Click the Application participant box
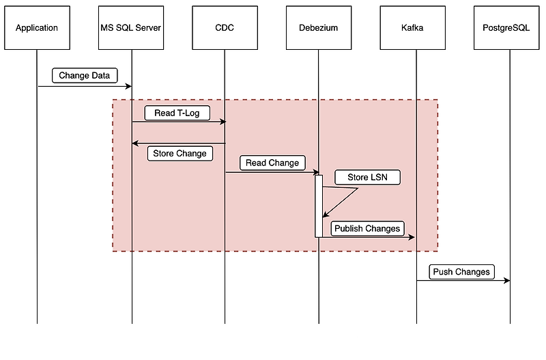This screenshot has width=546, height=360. pos(37,28)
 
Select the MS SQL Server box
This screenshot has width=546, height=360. pos(131,28)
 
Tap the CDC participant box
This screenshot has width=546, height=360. pos(225,28)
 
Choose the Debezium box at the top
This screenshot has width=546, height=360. pos(318,28)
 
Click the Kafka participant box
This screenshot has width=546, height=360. pos(416,28)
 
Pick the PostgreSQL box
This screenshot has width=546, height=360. pos(509,28)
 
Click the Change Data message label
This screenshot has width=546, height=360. pos(84,75)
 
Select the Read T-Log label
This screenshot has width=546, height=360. pos(177,113)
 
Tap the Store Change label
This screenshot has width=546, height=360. pos(179,154)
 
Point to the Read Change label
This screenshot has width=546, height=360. pos(272,163)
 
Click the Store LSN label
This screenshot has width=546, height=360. pos(367,178)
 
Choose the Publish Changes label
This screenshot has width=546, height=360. pos(367,228)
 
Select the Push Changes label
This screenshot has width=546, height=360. pos(461,271)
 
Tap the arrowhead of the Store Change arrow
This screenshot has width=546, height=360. pos(135,143)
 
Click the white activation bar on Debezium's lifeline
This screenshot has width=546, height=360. pos(319,205)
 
